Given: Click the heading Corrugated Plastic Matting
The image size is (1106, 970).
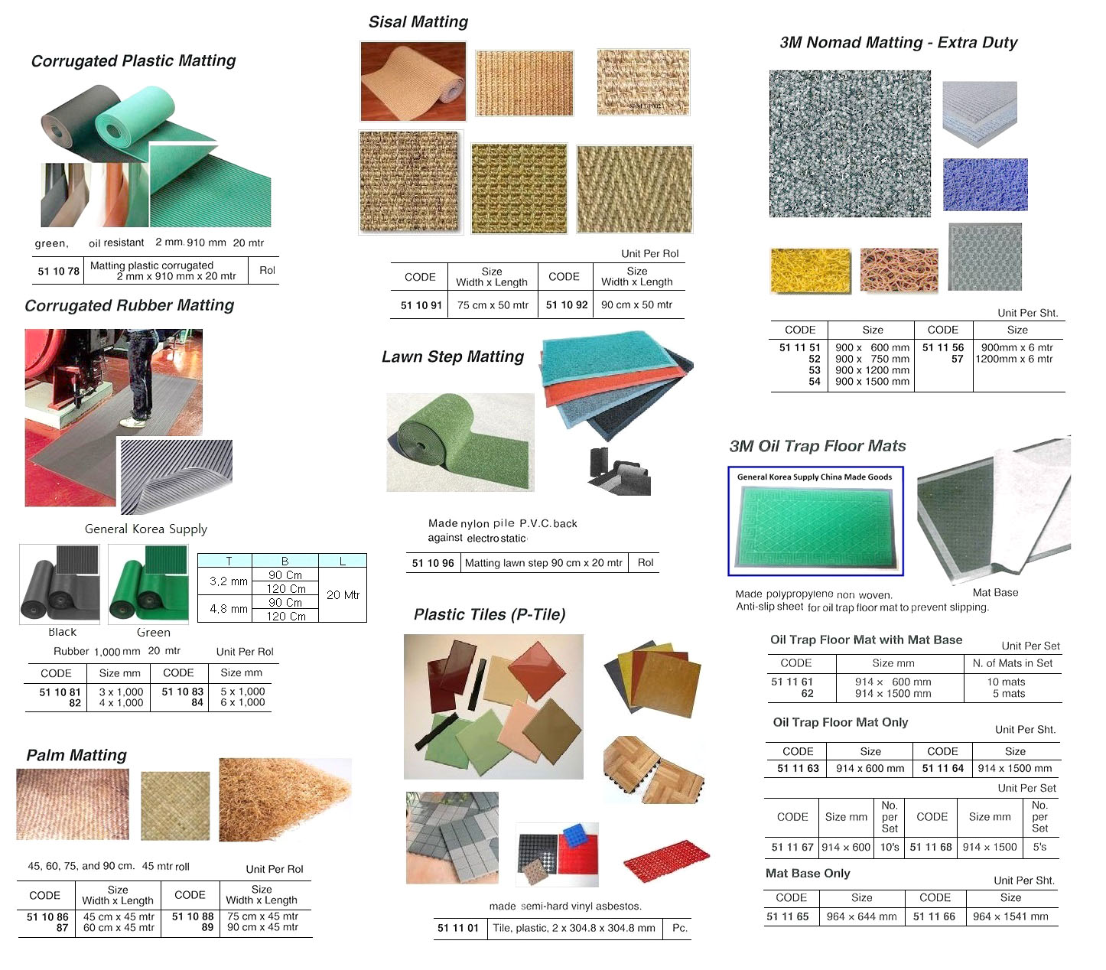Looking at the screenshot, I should coord(133,61).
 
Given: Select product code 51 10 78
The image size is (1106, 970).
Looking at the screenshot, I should coord(58,271).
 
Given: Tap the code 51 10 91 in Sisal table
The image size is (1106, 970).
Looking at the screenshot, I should coord(421,305).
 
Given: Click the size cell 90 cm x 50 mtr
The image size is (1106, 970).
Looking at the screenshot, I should coord(636,304).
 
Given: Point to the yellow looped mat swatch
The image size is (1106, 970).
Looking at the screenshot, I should coord(811,271).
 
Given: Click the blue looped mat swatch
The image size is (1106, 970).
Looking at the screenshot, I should coord(985,184).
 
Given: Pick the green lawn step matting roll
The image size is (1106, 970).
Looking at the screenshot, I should coord(459,442).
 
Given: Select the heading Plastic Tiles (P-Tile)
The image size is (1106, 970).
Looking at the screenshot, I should coord(490,615).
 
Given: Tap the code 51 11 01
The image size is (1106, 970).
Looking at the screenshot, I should coord(457,928).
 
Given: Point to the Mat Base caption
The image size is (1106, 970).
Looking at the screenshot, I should coord(995,593).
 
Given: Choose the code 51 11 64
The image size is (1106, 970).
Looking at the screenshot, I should coord(942,768).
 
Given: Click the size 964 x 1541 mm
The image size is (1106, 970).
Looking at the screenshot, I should coord(1010,916).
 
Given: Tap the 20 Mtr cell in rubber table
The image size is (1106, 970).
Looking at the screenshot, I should coord(343,595).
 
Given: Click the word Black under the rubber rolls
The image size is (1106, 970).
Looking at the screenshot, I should coord(62,632).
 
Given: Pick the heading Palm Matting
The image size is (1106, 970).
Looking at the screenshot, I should coord(76,756).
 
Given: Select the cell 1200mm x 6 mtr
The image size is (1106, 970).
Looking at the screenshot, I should coord(1014,359).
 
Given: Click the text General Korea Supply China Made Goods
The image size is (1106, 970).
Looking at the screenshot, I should coord(815,477).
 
